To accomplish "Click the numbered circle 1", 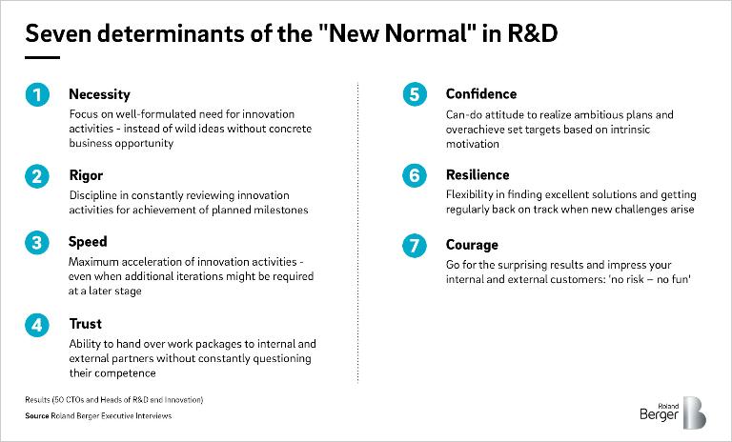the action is pos(37,94).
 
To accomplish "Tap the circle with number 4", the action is pos(37,325).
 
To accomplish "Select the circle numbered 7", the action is pos(415,246).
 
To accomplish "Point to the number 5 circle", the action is pos(415,94).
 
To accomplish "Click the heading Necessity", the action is pos(99,94).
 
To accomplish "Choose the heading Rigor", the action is pos(86,175).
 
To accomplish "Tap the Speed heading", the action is pos(88,242).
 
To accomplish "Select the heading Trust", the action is pos(86,324).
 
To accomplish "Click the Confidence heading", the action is pos(481,93).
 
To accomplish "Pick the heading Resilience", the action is pos(478,174).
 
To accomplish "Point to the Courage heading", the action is pos(472,245).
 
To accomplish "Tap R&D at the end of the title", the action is pos(532,33).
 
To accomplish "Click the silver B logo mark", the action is pos(695,412).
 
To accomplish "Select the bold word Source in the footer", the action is pos(37,416).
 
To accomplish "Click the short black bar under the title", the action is pos(43,58).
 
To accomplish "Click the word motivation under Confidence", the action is pos(473,144).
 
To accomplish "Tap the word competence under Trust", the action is pos(112,373).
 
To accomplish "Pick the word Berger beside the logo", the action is pos(659,414).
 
